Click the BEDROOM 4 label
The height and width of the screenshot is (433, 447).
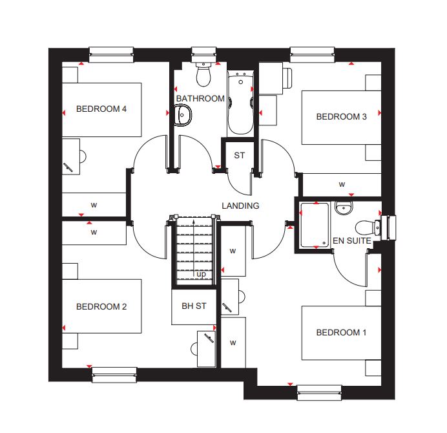click(101, 109)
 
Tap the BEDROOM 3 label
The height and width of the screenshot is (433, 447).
click(341, 116)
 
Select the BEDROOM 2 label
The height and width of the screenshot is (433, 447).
click(101, 306)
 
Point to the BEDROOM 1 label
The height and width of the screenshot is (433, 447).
click(341, 332)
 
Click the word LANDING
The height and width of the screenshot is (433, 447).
click(240, 206)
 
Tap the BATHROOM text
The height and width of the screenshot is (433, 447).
click(200, 98)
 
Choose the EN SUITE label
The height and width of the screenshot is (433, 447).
click(352, 241)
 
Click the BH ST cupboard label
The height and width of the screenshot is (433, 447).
click(194, 306)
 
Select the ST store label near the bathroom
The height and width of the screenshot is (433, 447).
click(239, 156)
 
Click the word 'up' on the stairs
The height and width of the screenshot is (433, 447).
click(201, 275)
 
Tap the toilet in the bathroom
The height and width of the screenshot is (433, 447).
click(203, 74)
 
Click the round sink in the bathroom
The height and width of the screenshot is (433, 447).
click(182, 115)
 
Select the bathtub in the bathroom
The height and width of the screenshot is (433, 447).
click(240, 103)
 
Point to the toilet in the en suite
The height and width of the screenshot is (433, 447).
click(368, 228)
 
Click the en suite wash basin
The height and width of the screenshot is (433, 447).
click(344, 207)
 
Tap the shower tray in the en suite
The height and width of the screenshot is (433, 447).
click(315, 225)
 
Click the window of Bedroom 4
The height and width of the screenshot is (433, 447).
click(111, 54)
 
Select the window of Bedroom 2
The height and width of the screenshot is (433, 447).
click(114, 375)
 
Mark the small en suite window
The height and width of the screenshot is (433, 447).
click(388, 228)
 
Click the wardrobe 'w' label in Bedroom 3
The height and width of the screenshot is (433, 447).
click(342, 184)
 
